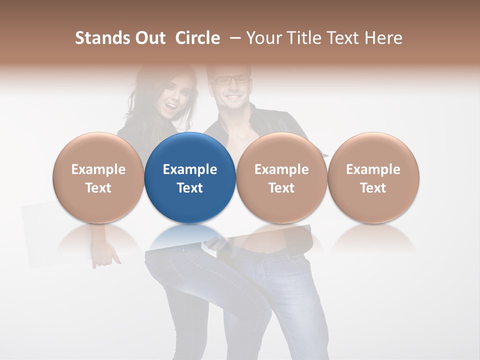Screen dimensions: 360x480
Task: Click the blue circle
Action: tap(190, 177)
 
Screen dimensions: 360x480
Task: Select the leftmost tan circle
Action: tap(98, 177)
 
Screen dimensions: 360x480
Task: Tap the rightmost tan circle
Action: tap(373, 177)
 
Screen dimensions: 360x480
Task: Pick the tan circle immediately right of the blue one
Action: tap(281, 177)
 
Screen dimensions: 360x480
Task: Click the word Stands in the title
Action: tap(101, 38)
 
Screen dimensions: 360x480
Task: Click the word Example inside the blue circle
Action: tap(190, 169)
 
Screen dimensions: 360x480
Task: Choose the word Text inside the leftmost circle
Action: tap(98, 188)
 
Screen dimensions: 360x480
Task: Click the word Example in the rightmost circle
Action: tap(373, 169)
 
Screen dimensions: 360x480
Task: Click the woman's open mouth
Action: tap(171, 106)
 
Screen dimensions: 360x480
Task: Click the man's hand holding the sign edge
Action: tap(216, 243)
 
